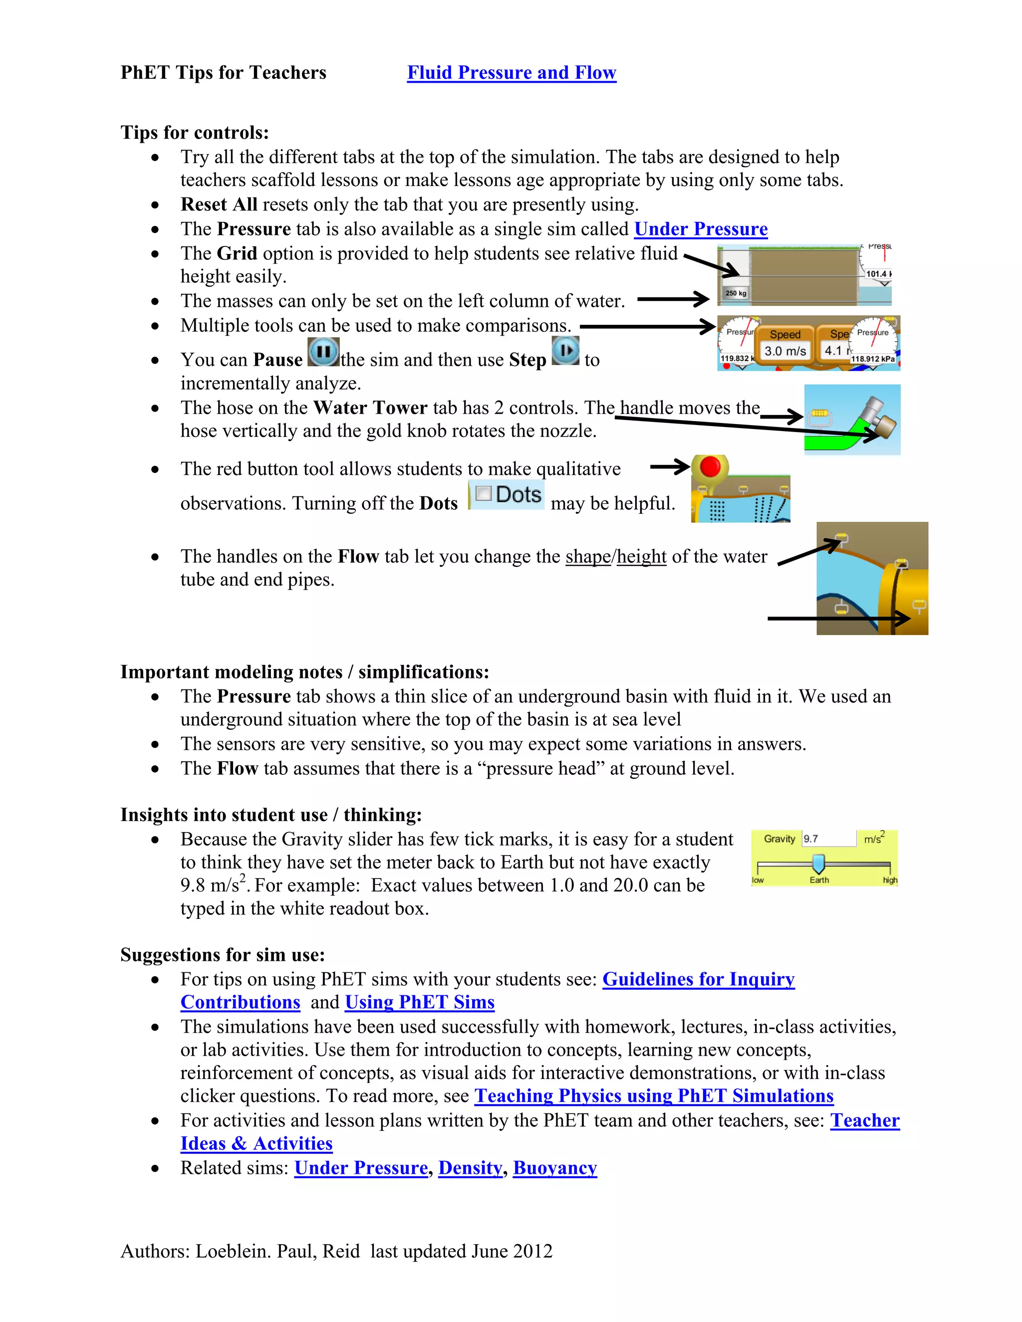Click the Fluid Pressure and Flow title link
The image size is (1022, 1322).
[x=511, y=73]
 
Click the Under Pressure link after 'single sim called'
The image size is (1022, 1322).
[x=701, y=229]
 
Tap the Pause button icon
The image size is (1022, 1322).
[x=323, y=352]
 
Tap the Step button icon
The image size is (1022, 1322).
[x=566, y=351]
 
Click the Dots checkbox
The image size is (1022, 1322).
[x=483, y=493]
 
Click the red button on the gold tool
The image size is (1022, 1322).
[x=710, y=467]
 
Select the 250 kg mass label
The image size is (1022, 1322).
[x=736, y=293]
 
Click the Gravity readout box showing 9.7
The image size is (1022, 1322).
[x=828, y=839]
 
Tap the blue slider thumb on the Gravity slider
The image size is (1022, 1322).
[x=818, y=863]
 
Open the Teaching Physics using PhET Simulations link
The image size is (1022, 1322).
[x=654, y=1096]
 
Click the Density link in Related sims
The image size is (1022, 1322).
[x=470, y=1168]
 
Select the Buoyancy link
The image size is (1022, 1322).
[x=554, y=1168]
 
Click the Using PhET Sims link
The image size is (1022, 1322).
[x=420, y=1002]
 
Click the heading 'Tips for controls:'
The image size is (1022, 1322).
[x=194, y=132]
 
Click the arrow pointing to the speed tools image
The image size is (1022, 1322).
[x=648, y=326]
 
